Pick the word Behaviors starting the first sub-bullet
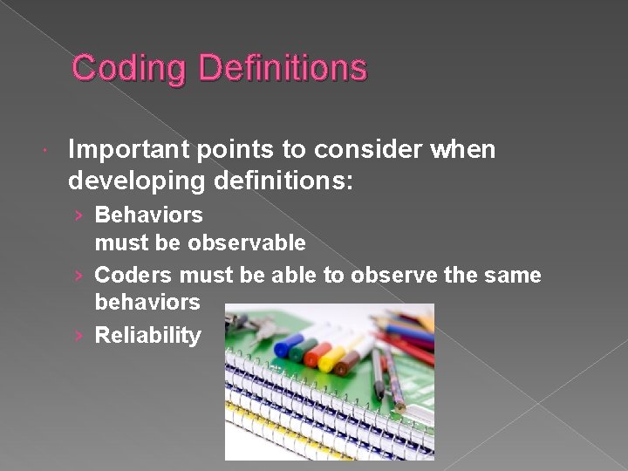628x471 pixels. tap(148, 215)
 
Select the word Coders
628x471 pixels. tap(133, 276)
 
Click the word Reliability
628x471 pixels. tap(147, 336)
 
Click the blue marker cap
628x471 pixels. tap(285, 347)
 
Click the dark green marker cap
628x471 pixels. tap(299, 352)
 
